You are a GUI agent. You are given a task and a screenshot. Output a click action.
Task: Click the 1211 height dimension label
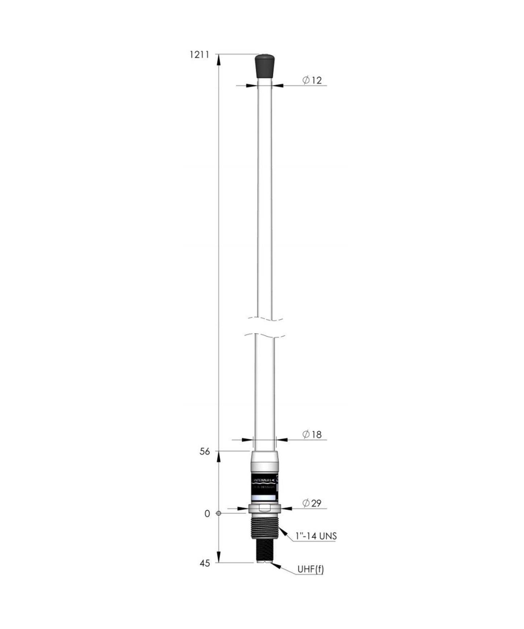(199, 55)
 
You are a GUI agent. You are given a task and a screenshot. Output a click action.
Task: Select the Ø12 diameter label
(312, 80)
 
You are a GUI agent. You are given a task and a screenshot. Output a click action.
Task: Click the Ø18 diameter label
(312, 434)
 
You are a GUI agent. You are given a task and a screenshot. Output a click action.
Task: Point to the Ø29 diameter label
(312, 503)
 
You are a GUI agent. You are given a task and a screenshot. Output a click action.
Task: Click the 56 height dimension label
(205, 452)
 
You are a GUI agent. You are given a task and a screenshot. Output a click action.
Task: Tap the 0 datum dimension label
(207, 514)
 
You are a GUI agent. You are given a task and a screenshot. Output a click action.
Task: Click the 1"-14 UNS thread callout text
(316, 536)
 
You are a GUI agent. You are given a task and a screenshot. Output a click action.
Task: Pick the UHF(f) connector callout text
(310, 570)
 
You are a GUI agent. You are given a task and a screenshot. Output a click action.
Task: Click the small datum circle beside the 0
(218, 513)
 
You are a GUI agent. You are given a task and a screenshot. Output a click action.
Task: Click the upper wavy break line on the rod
(264, 319)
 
